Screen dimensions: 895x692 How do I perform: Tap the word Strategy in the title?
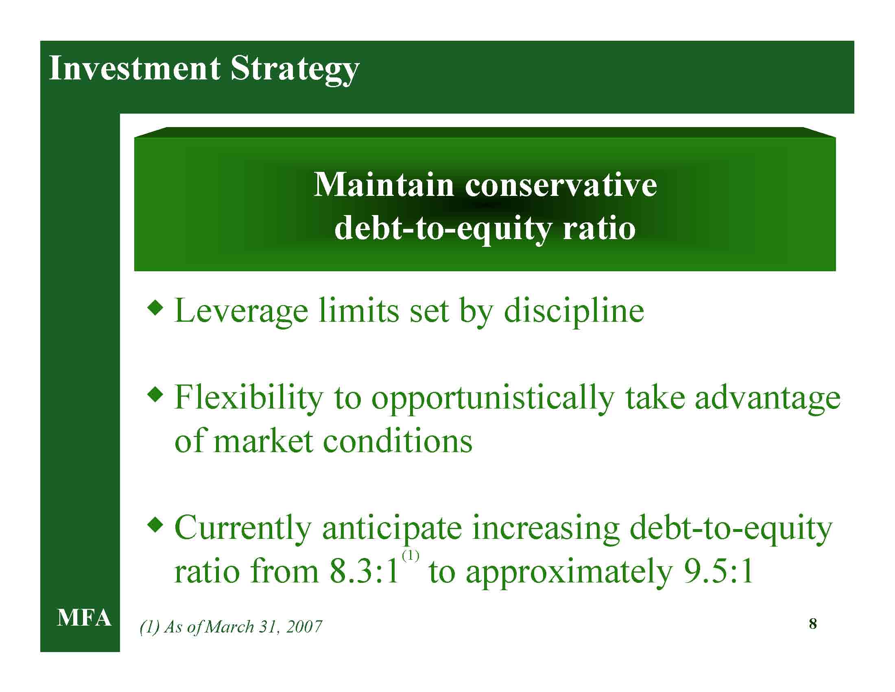coord(295,70)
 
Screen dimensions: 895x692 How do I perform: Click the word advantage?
coord(768,399)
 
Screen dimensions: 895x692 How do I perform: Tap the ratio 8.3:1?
coord(365,571)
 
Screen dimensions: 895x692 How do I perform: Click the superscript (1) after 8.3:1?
coord(410,556)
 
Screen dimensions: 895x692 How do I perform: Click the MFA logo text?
coord(84,618)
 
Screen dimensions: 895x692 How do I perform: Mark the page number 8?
coord(813,624)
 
